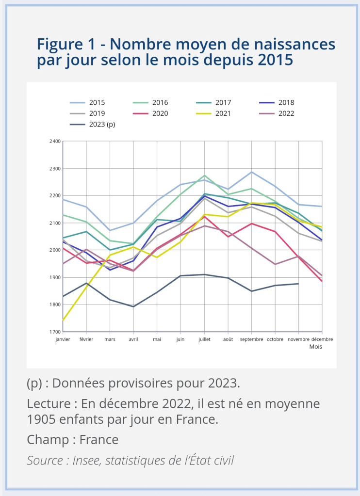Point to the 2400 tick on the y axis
(x=54, y=142)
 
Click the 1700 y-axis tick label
(x=54, y=332)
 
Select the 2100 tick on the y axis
(x=54, y=223)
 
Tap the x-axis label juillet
(x=204, y=339)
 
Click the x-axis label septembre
(x=251, y=339)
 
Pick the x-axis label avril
(x=133, y=339)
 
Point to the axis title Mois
(x=316, y=347)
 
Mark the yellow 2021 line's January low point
(x=64, y=320)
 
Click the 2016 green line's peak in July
(x=205, y=176)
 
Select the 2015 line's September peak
(x=252, y=172)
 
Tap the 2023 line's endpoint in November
(x=298, y=284)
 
